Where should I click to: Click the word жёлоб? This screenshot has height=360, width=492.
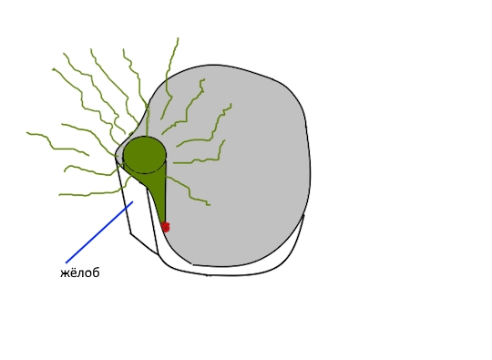(79, 273)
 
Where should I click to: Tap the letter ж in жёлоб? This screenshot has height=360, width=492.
(65, 273)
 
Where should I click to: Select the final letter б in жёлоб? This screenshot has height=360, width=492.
(96, 273)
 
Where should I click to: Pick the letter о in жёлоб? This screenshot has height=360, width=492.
(87, 273)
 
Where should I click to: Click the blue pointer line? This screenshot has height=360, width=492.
(99, 232)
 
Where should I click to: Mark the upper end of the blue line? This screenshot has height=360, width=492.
(133, 201)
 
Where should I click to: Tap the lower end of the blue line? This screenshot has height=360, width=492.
(67, 262)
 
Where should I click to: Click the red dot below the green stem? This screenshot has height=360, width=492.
(165, 227)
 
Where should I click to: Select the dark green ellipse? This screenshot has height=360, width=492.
(144, 155)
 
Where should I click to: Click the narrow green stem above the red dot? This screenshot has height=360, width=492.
(159, 198)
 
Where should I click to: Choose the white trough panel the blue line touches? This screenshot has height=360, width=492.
(138, 213)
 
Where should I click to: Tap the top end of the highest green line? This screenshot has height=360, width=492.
(179, 38)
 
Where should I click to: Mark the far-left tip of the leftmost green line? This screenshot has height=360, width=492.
(27, 133)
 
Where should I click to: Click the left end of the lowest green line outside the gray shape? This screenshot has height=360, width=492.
(59, 195)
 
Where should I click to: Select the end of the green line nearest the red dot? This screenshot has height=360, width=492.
(210, 205)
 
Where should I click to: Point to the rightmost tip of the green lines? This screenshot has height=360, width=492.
(231, 104)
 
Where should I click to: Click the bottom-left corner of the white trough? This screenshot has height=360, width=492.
(130, 233)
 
